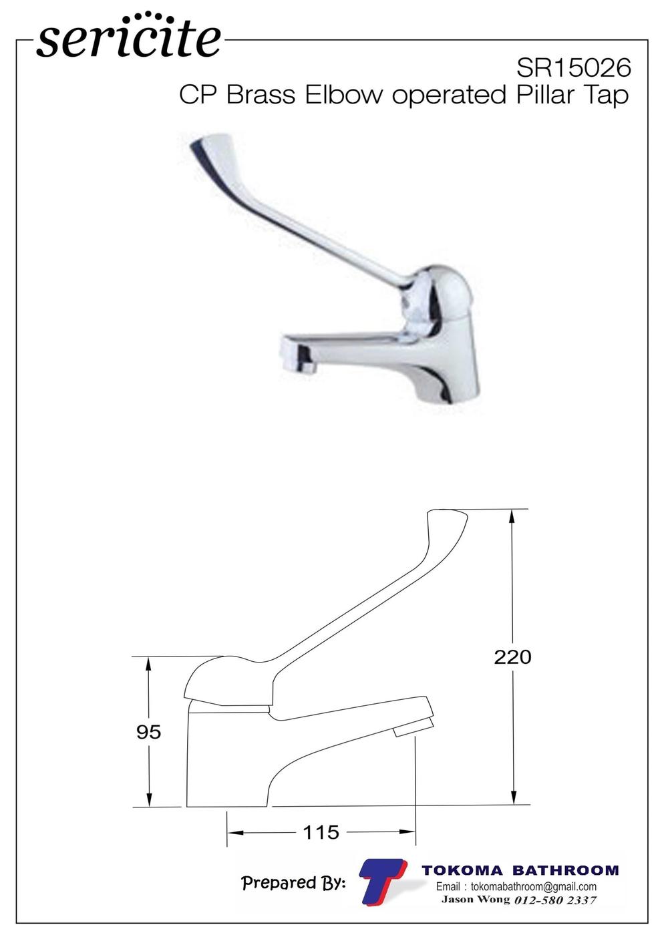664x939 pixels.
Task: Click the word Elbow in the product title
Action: click(x=344, y=95)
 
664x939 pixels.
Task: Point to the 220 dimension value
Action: click(x=512, y=657)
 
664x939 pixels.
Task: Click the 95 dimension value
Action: click(x=149, y=732)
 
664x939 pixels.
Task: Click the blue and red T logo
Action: click(x=383, y=879)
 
